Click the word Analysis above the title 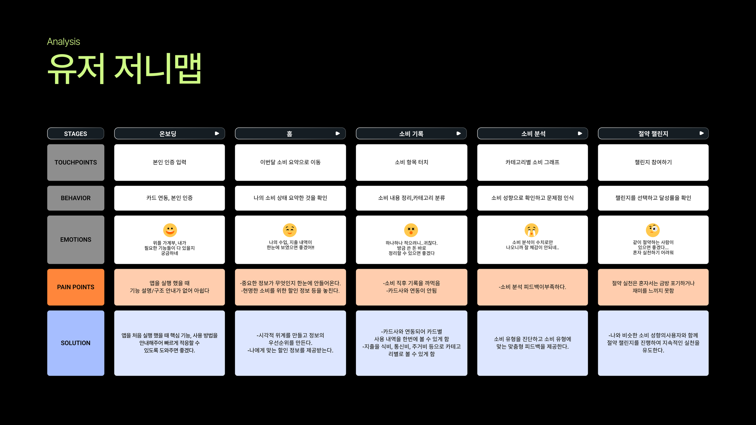[64, 41]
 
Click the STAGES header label [76, 134]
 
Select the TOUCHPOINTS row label [76, 162]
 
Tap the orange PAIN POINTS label [76, 287]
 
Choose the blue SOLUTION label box [76, 343]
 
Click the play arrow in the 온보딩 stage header [217, 133]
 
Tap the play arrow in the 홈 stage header [338, 133]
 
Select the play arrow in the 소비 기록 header [459, 133]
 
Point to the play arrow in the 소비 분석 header [580, 133]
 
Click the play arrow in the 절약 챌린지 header [702, 133]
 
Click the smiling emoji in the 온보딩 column [170, 230]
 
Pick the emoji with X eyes [411, 230]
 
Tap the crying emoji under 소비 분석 [531, 230]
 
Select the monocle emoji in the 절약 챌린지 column [653, 230]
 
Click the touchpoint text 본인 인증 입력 [170, 162]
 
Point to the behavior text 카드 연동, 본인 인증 [170, 198]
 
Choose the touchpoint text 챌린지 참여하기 [653, 162]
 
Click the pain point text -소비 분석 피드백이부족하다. [532, 287]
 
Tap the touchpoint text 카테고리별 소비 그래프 [532, 162]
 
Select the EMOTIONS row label [76, 239]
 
